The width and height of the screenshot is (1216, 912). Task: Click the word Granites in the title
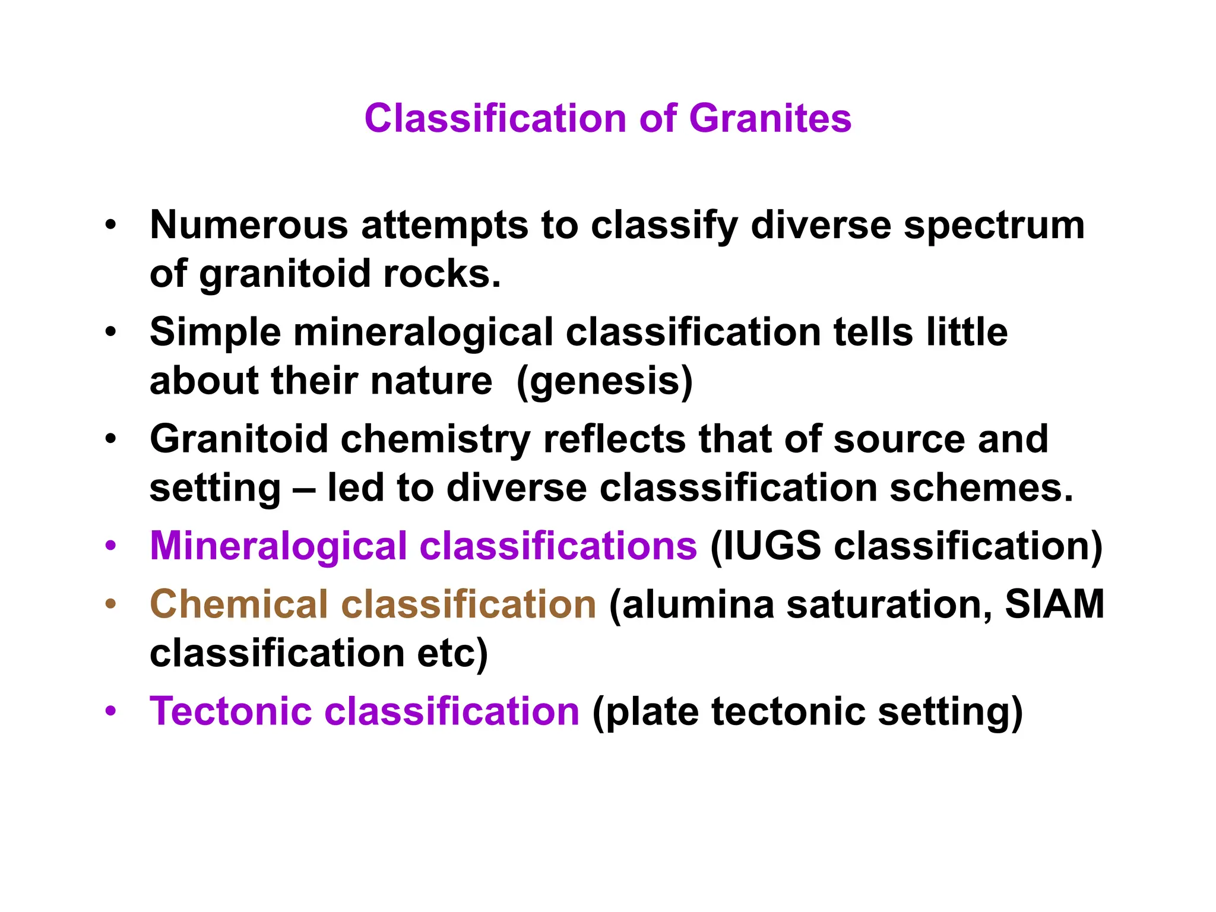(x=770, y=118)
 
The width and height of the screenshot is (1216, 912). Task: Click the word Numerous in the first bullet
(x=249, y=226)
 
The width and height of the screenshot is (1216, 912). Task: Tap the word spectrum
(x=994, y=226)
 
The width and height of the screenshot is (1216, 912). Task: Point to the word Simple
(x=215, y=332)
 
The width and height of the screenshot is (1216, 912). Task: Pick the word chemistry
(x=435, y=439)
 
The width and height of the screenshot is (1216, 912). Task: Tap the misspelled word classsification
(x=738, y=488)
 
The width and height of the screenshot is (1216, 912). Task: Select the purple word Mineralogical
(x=277, y=546)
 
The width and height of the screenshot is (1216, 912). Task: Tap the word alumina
(x=698, y=604)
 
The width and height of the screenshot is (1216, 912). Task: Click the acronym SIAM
(x=1054, y=604)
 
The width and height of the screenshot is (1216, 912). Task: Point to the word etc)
(x=452, y=653)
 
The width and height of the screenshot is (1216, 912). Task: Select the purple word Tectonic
(x=231, y=711)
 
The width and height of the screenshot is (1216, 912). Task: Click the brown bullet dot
(x=111, y=604)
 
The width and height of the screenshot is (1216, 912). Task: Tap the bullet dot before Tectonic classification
(x=111, y=711)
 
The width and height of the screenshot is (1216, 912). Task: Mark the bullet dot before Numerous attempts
(x=111, y=226)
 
